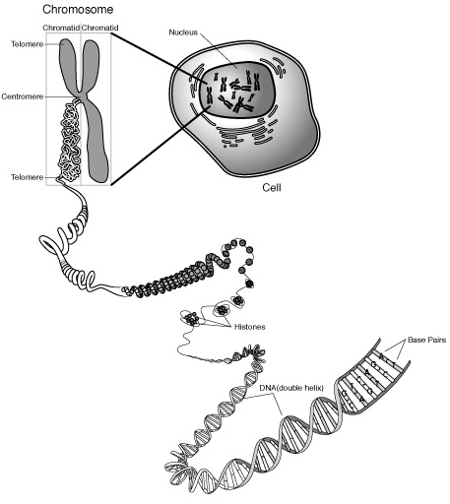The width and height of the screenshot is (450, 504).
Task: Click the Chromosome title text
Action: click(x=78, y=10)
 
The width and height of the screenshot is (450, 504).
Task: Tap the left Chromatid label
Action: click(x=61, y=28)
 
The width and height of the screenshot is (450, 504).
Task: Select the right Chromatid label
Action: click(x=99, y=28)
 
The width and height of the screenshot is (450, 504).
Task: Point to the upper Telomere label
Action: click(x=28, y=44)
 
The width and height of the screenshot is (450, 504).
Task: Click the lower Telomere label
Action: click(x=28, y=177)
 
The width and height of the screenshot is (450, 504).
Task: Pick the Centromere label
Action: click(x=23, y=96)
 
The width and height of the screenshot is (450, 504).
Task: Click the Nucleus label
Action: click(x=183, y=32)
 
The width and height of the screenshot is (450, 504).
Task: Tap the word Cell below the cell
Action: click(x=272, y=188)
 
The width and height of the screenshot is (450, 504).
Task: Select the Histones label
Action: click(x=249, y=327)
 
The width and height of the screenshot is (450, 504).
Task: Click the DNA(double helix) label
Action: click(x=291, y=388)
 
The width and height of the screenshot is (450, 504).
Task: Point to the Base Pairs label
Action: click(x=426, y=340)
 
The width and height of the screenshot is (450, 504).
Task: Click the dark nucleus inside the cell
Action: click(x=236, y=91)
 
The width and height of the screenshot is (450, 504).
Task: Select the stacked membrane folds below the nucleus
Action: click(x=244, y=134)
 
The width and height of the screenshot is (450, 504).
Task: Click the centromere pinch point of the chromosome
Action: click(x=81, y=95)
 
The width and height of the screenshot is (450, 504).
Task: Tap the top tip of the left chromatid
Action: click(x=67, y=39)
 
